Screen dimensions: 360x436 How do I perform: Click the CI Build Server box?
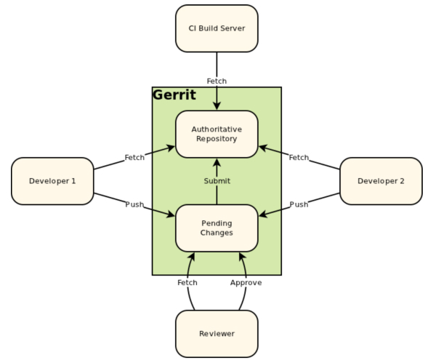(x=217, y=28)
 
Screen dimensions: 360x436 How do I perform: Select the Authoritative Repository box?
(x=217, y=134)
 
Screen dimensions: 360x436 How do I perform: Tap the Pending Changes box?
(x=217, y=228)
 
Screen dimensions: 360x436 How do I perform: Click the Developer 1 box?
(x=52, y=181)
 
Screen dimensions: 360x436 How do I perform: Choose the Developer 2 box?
(x=381, y=181)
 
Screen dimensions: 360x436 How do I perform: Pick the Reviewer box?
(x=217, y=334)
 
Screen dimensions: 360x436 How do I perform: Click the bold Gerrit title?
(x=174, y=95)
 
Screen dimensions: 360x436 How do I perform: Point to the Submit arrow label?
(x=217, y=181)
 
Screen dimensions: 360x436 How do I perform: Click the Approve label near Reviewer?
(x=246, y=282)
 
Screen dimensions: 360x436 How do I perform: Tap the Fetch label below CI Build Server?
(x=217, y=81)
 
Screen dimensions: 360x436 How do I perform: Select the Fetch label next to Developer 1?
(x=134, y=157)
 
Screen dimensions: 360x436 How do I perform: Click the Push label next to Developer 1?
(x=134, y=204)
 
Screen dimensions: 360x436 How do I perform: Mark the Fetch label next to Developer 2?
(x=299, y=157)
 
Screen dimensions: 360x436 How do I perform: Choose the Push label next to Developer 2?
(x=299, y=204)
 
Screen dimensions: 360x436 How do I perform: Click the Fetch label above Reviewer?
(x=187, y=282)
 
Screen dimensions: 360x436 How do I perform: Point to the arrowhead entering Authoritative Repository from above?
(x=217, y=106)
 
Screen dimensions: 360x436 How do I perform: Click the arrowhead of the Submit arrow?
(x=217, y=161)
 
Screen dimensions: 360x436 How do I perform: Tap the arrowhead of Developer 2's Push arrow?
(x=263, y=215)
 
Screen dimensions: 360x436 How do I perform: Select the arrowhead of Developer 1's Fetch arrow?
(x=171, y=148)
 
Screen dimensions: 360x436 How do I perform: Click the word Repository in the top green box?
(x=217, y=139)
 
